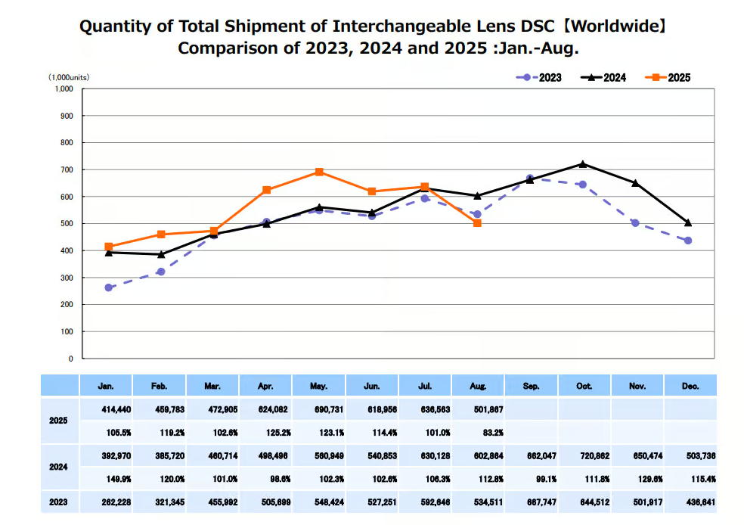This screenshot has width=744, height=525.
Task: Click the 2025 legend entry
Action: click(670, 77)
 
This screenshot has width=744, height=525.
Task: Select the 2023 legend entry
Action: click(541, 77)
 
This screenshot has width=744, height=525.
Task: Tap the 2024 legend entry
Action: click(605, 77)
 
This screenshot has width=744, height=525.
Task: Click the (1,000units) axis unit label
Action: click(69, 77)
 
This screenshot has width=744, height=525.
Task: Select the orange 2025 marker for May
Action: click(319, 172)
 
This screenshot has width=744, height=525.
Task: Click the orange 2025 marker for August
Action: click(477, 223)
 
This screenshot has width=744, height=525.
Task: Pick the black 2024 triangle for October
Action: click(583, 163)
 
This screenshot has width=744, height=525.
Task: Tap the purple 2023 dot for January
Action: click(108, 287)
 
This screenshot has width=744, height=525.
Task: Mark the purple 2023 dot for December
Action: click(688, 241)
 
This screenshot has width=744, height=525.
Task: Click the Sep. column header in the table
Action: click(531, 387)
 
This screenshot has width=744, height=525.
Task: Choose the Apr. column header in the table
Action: click(265, 387)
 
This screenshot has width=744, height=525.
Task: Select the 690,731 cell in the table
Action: click(318, 409)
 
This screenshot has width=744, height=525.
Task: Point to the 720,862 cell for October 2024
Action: click(584, 456)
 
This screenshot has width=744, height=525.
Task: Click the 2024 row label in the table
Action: click(58, 467)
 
